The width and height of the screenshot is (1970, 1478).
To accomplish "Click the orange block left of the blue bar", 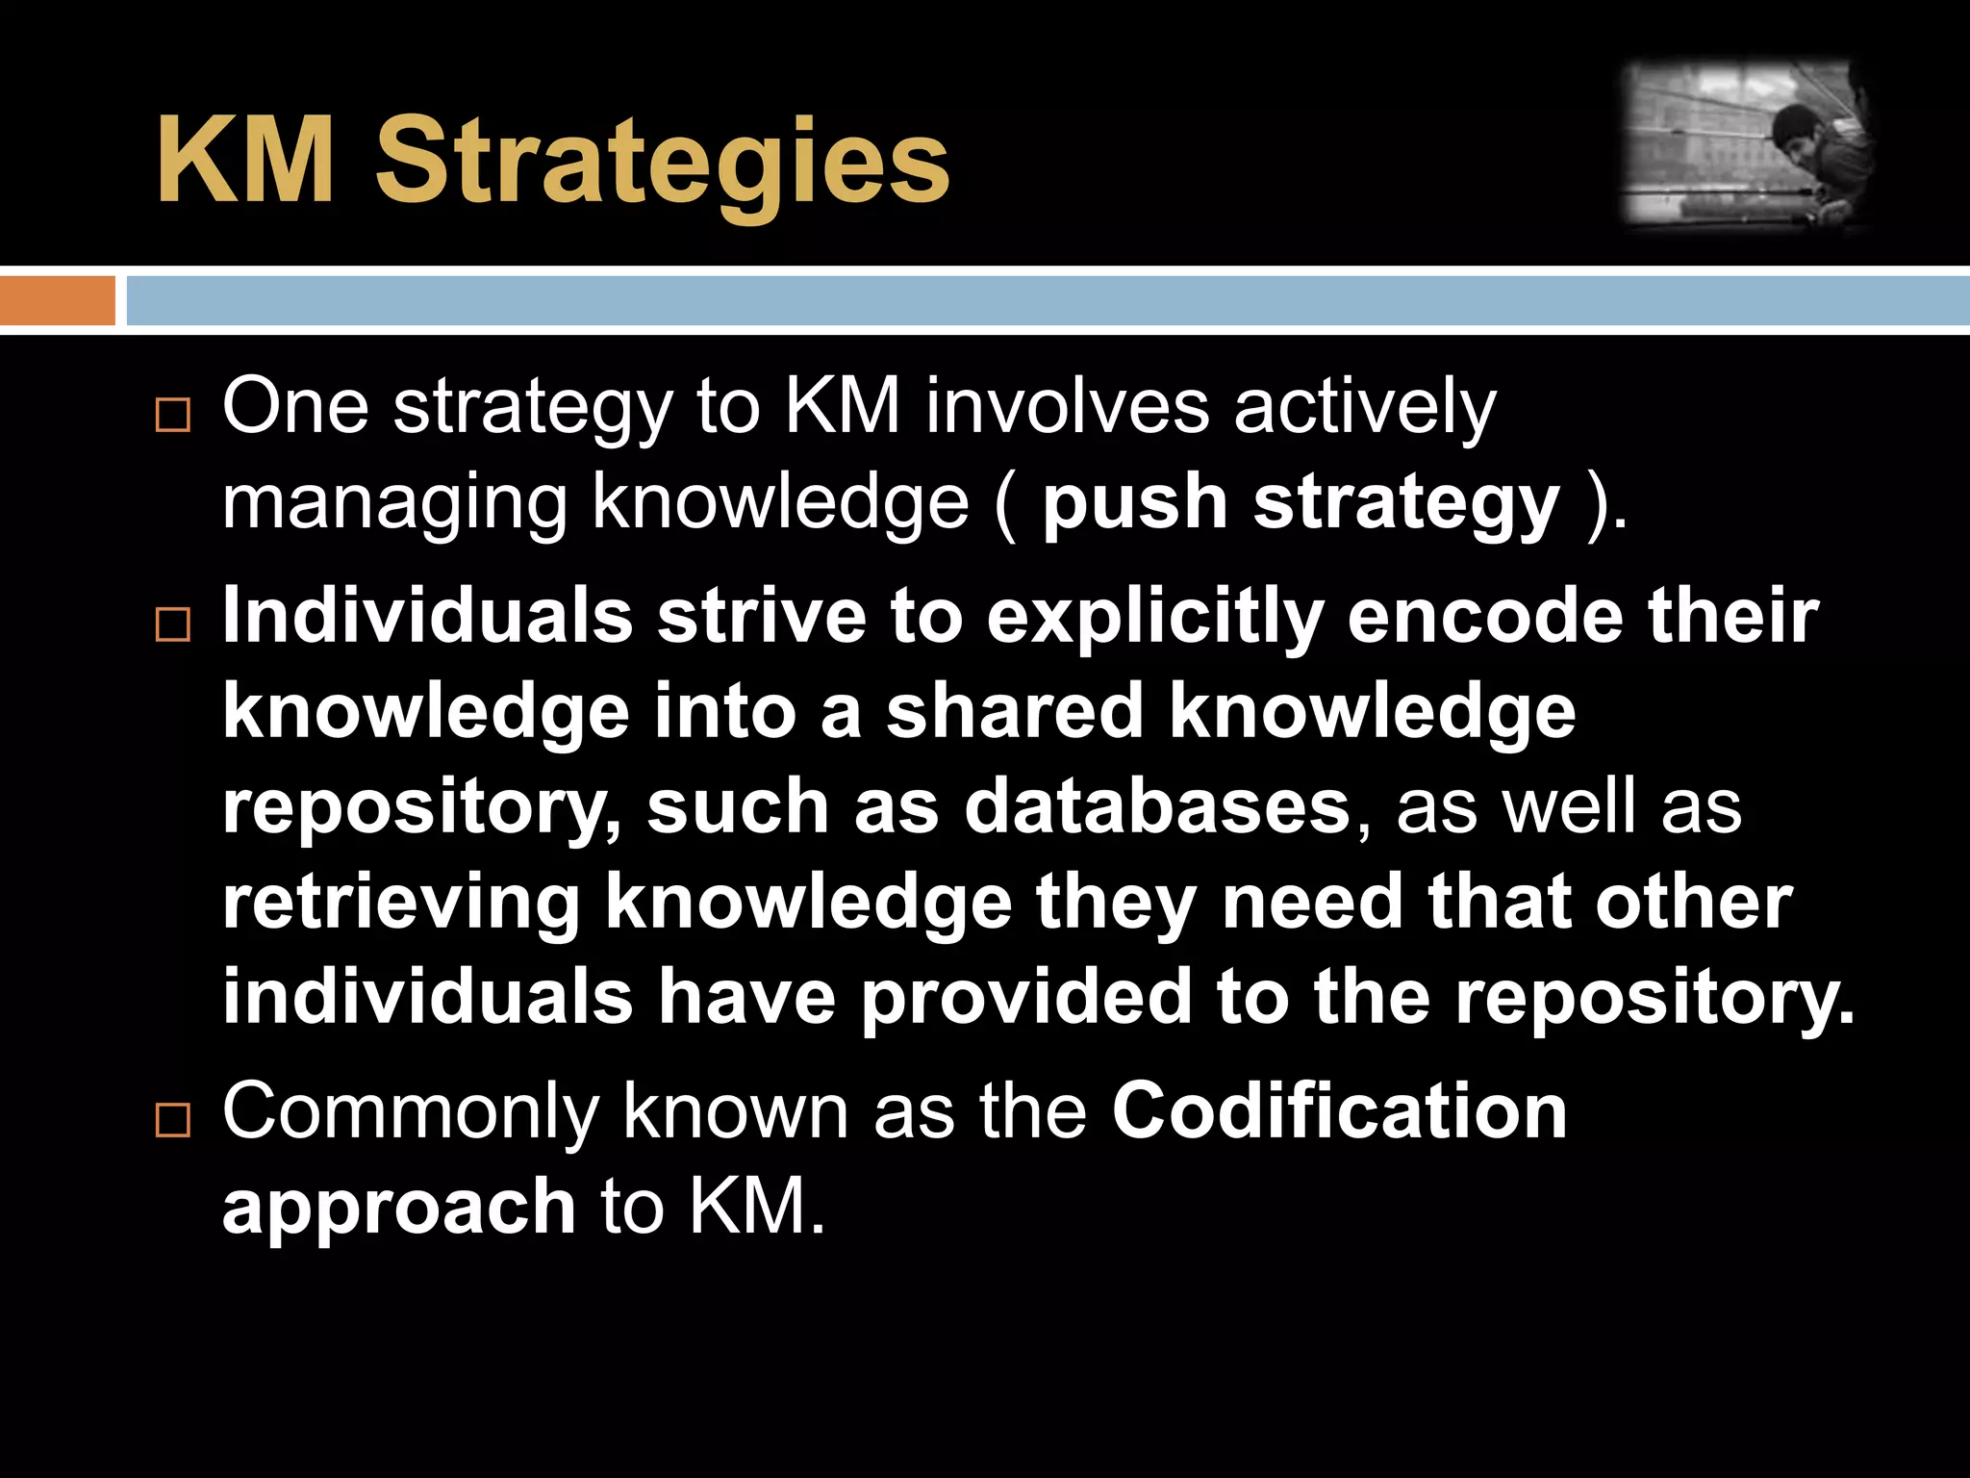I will click(x=58, y=300).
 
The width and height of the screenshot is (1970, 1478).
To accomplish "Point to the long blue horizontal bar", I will click(x=1047, y=300).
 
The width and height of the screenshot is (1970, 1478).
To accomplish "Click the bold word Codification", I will click(x=1339, y=1112).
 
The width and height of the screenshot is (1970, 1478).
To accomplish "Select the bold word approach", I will click(x=399, y=1209).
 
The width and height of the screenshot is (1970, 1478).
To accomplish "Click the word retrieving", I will click(x=401, y=904).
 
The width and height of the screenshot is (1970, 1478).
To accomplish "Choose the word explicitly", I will click(x=1155, y=618).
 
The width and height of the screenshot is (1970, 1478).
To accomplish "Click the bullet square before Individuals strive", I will click(x=173, y=624).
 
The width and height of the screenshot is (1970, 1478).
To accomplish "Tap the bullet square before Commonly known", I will click(x=173, y=1120).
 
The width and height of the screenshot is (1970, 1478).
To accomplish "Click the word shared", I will click(x=1015, y=712).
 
